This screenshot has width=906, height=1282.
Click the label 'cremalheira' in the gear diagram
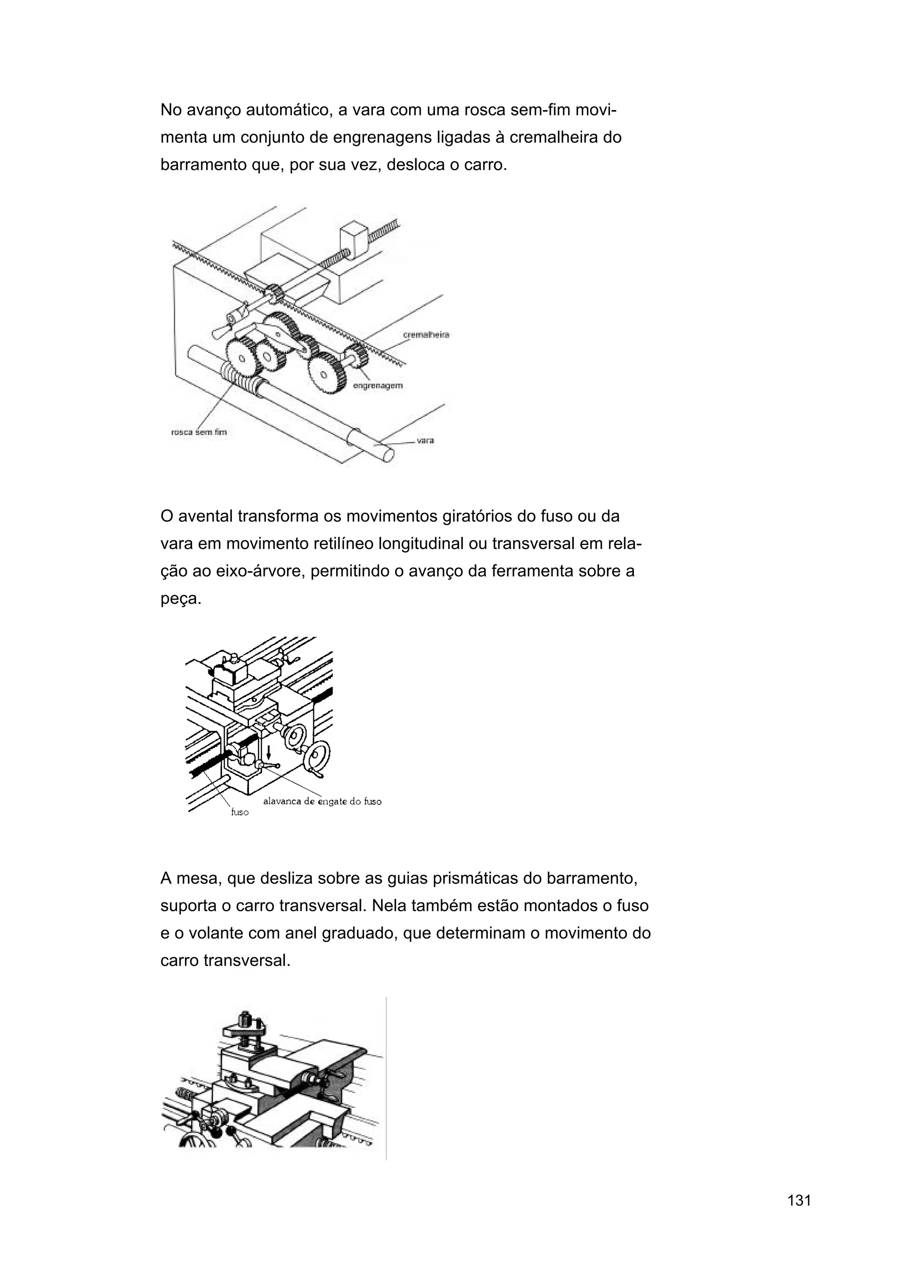pyautogui.click(x=426, y=335)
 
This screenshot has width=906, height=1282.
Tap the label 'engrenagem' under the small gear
pyautogui.click(x=377, y=386)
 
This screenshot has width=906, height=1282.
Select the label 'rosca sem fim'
pyautogui.click(x=199, y=432)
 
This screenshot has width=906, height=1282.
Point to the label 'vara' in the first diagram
pyautogui.click(x=426, y=441)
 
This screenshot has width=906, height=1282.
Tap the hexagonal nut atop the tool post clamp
pyautogui.click(x=245, y=1018)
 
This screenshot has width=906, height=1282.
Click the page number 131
pyautogui.click(x=799, y=1216)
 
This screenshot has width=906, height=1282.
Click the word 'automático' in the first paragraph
pyautogui.click(x=287, y=111)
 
